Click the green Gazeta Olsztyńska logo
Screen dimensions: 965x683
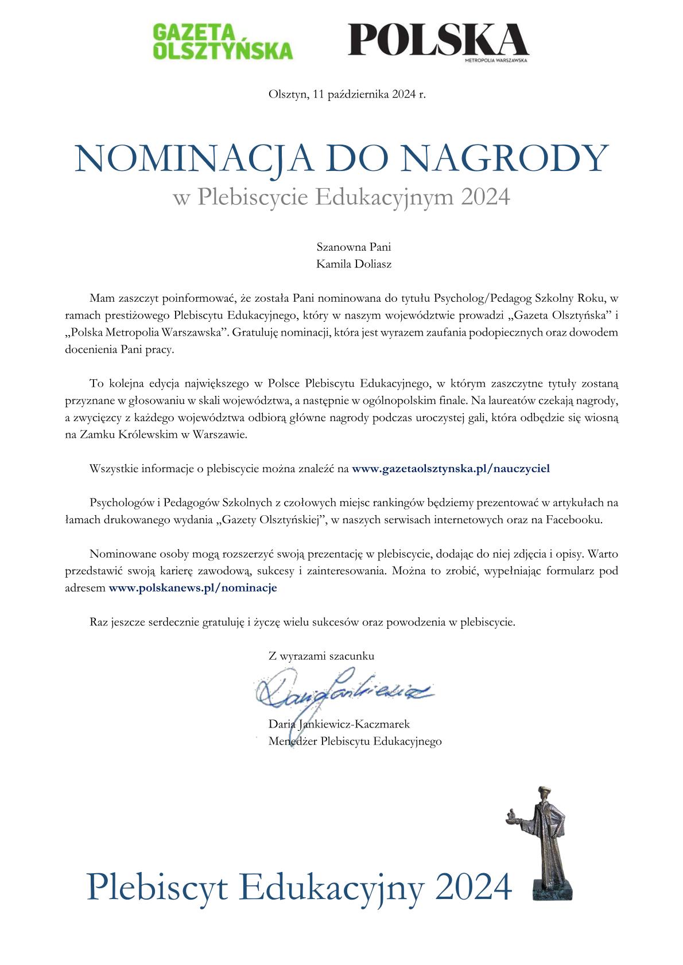point(223,41)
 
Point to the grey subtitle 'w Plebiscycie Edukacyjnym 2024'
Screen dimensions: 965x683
point(341,197)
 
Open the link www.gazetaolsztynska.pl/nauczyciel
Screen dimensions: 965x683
point(451,469)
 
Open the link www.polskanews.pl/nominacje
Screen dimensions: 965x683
point(193,588)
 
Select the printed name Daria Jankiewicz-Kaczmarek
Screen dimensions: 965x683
point(339,725)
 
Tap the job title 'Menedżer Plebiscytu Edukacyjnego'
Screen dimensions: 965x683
point(355,741)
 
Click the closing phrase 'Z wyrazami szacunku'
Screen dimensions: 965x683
point(321,656)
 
